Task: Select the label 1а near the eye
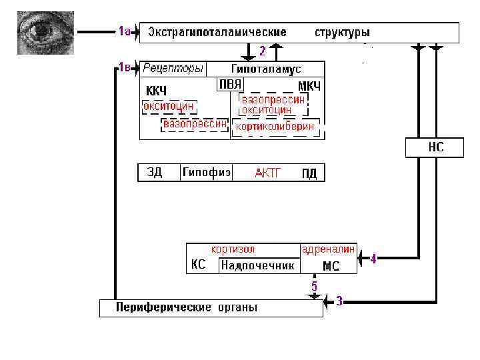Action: click(124, 31)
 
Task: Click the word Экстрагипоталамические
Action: click(217, 32)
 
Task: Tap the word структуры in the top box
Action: click(342, 32)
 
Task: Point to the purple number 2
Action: click(263, 51)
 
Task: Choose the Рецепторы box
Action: click(173, 69)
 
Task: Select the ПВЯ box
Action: click(230, 85)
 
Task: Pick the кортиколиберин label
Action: click(275, 127)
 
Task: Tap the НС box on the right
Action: click(435, 147)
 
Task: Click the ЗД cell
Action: click(155, 173)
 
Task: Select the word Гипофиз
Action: click(207, 173)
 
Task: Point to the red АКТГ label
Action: click(268, 173)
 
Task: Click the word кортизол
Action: click(233, 249)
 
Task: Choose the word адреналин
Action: click(329, 249)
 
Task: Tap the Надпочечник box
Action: click(257, 265)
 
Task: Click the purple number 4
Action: click(373, 259)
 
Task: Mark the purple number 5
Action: click(314, 285)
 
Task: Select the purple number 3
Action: click(339, 301)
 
